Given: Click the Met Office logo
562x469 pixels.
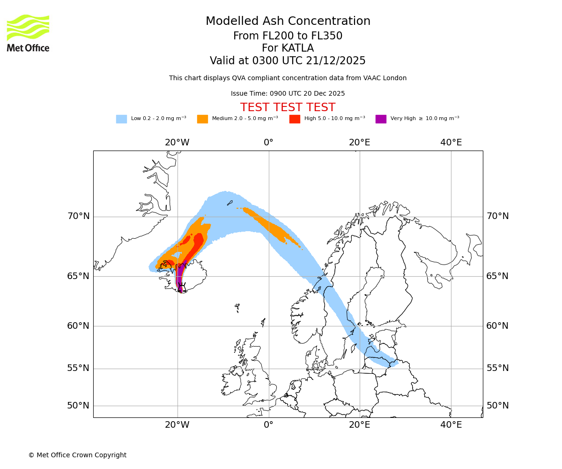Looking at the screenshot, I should click(x=28, y=33).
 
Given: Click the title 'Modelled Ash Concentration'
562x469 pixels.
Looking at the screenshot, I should click(x=288, y=22).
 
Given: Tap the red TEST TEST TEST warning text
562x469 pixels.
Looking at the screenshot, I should click(x=288, y=107).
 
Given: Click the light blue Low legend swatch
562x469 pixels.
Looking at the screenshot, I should click(x=121, y=119).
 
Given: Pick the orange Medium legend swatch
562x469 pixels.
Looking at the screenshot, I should click(x=202, y=119).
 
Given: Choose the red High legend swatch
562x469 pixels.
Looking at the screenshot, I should click(x=295, y=119).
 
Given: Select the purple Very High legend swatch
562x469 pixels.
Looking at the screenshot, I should click(x=381, y=119).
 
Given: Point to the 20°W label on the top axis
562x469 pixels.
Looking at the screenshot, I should click(x=177, y=143).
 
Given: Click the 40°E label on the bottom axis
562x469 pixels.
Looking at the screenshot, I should click(x=451, y=425).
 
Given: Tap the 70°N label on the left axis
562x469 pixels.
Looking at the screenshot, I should click(x=78, y=216).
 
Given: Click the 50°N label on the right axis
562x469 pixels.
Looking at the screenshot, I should click(x=497, y=406).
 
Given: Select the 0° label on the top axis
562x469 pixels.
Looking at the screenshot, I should click(x=268, y=143).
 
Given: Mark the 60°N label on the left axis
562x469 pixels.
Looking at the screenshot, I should click(x=78, y=326).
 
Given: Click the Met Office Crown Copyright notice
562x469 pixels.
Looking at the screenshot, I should click(x=77, y=455).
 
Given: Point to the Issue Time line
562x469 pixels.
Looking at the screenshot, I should click(x=288, y=93).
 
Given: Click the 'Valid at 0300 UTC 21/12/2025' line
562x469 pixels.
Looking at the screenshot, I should click(x=288, y=61).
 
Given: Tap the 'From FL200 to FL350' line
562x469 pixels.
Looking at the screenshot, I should click(x=288, y=36).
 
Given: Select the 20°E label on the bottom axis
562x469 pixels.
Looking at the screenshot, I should click(x=360, y=425).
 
